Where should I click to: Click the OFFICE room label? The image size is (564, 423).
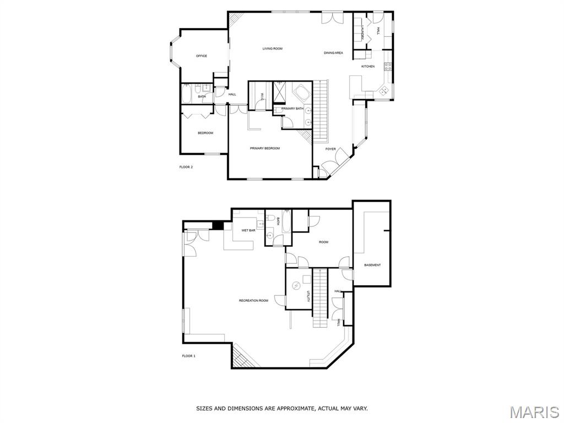[x=202, y=56]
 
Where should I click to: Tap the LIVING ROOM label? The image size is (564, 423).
[x=272, y=48]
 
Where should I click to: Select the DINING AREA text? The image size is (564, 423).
[x=333, y=53]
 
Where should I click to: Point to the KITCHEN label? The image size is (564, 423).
[x=368, y=66]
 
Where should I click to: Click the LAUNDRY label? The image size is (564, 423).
[x=362, y=31]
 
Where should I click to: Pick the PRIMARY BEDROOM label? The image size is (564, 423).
[x=265, y=148]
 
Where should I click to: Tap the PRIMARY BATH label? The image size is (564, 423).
[x=292, y=109]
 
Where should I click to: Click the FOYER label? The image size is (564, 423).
[x=330, y=149]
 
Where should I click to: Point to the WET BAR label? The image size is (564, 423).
[x=248, y=230]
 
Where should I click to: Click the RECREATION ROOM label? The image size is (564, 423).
[x=253, y=300]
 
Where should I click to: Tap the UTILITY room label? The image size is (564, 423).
[x=308, y=296]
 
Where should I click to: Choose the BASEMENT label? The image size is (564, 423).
[x=372, y=265]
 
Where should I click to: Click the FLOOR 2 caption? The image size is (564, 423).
[x=186, y=167]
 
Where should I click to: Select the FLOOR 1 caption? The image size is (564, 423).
[x=188, y=356]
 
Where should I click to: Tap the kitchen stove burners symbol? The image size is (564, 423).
[x=388, y=66]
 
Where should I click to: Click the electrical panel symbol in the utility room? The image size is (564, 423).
[x=296, y=285]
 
